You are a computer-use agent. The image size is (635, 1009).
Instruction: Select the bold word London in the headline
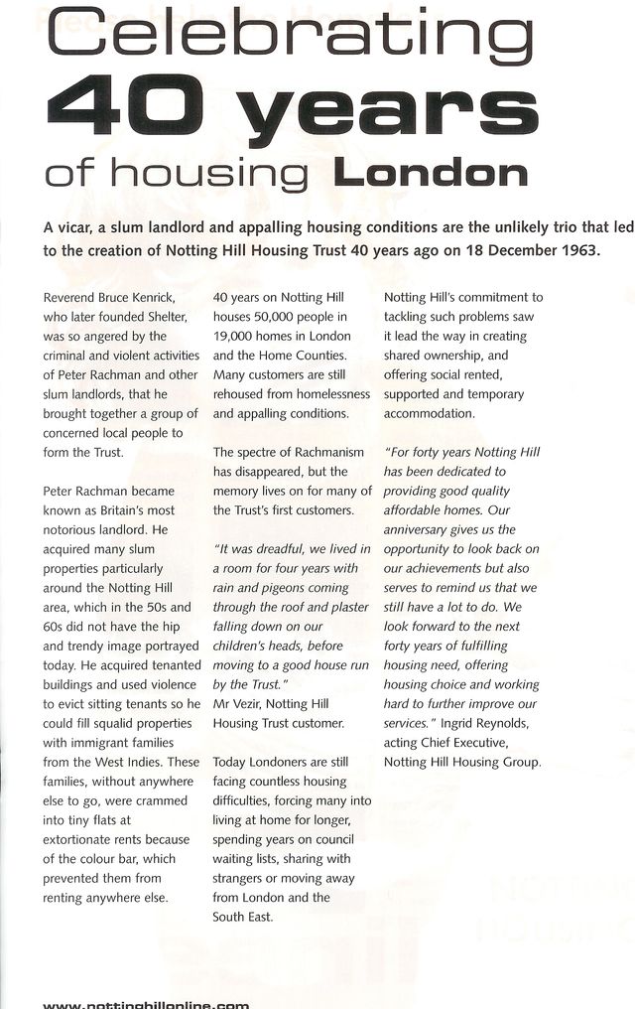coord(430,174)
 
